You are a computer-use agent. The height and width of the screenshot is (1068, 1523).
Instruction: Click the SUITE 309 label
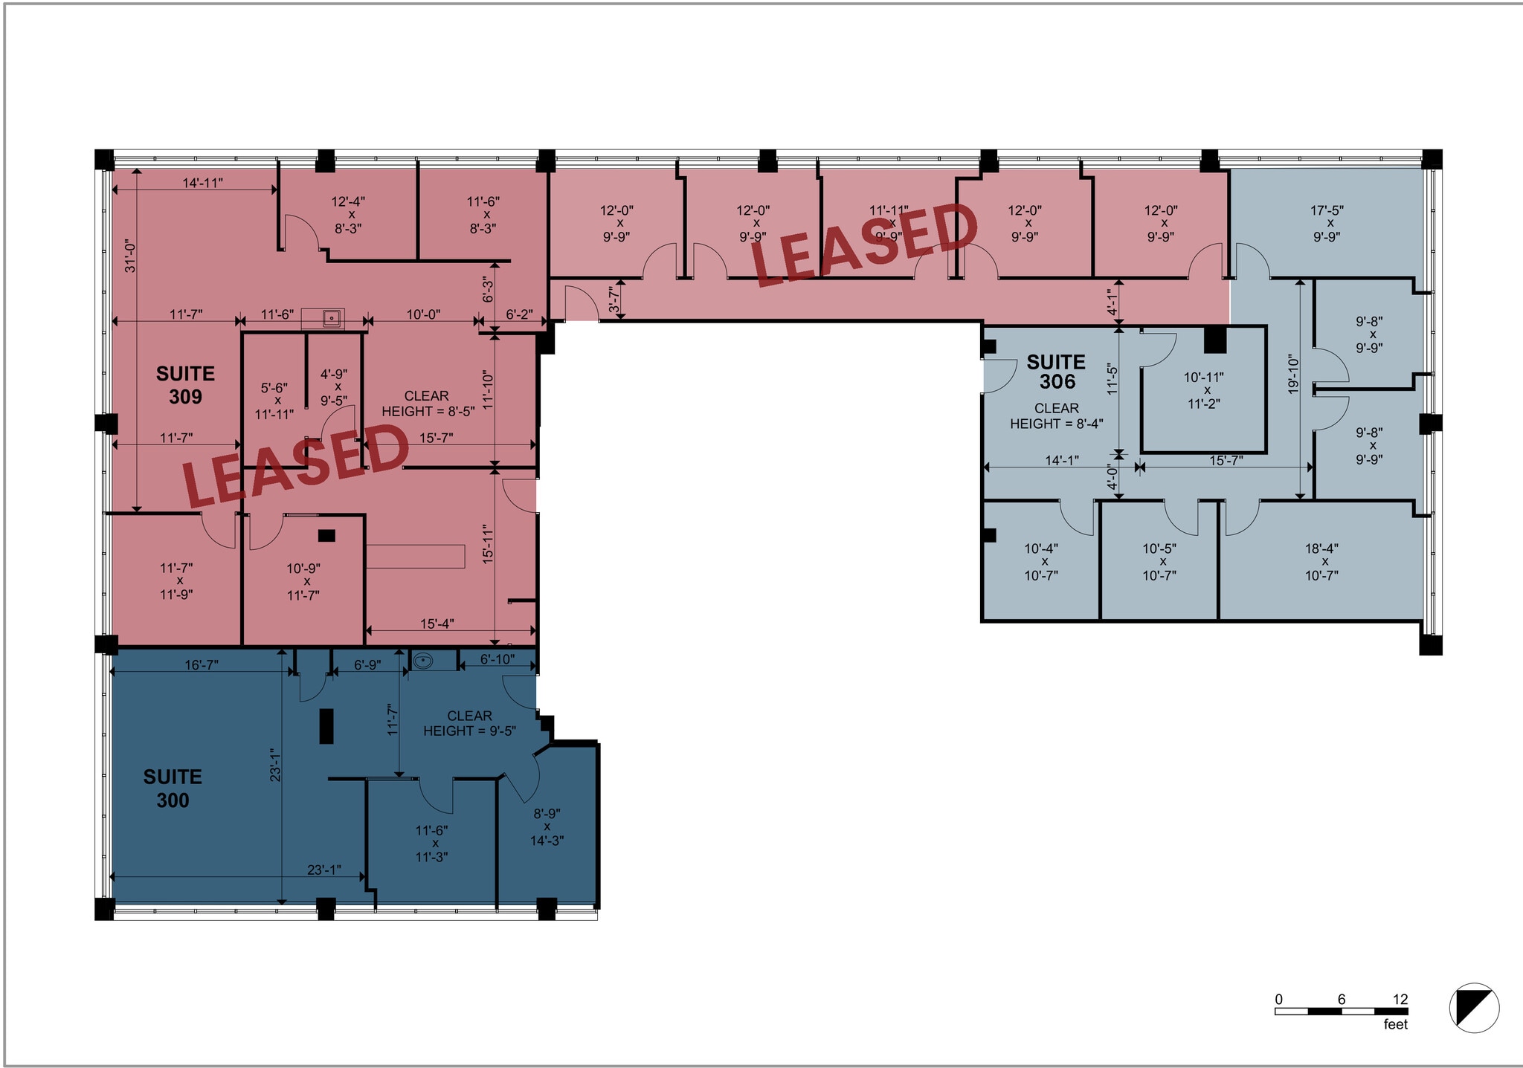[x=185, y=385]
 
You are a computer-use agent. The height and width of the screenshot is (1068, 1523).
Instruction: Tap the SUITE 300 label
[x=173, y=789]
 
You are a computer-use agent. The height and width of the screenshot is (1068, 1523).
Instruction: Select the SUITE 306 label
[x=1056, y=372]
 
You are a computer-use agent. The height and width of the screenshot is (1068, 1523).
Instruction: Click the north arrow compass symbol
[x=1474, y=1008]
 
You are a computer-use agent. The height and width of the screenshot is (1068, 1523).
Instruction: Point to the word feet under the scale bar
[x=1396, y=1024]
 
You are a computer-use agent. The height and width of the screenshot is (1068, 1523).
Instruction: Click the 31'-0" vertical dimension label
[x=130, y=256]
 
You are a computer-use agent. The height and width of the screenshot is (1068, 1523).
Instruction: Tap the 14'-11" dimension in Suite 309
[x=203, y=183]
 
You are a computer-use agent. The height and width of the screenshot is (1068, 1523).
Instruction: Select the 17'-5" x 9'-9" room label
[x=1327, y=224]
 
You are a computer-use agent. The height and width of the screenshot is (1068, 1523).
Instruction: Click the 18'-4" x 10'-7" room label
[x=1321, y=562]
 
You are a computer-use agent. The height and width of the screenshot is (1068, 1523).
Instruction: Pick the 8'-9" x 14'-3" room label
[x=547, y=827]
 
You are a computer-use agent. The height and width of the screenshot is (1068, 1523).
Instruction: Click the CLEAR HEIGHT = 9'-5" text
[x=469, y=723]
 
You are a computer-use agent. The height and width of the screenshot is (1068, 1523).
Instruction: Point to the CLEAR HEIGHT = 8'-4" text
[x=1056, y=416]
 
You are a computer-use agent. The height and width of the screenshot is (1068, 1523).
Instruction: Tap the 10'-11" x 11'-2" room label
[x=1203, y=391]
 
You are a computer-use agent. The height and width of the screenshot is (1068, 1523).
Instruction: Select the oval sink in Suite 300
[x=422, y=660]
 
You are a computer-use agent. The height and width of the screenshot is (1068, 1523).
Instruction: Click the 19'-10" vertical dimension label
[x=1293, y=375]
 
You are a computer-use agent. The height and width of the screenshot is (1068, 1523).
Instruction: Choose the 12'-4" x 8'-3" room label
[x=348, y=215]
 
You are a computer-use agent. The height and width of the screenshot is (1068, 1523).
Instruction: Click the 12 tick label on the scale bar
[x=1400, y=1000]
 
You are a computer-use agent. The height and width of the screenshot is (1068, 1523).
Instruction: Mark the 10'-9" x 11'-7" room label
[x=303, y=582]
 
